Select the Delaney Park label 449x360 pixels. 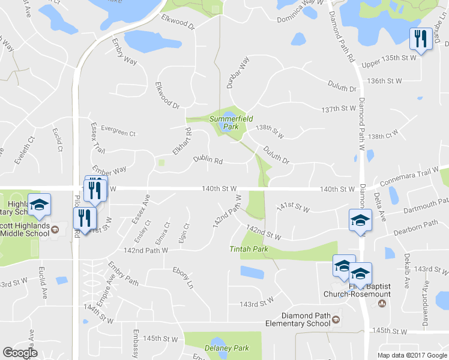(225, 348)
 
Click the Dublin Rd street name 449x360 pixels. (208, 161)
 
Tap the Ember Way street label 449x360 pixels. (109, 170)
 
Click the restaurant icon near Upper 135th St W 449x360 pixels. (420, 39)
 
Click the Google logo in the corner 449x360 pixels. (20, 353)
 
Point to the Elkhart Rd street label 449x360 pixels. (182, 140)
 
